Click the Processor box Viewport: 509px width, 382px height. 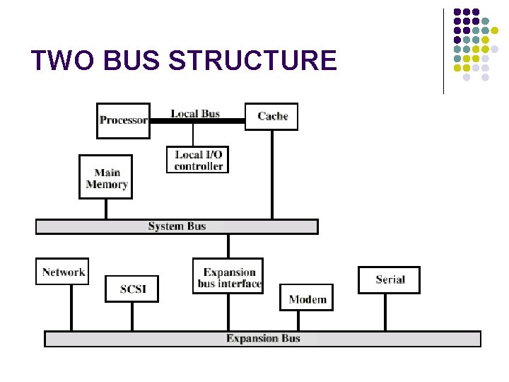coord(123,120)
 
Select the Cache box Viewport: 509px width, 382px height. coord(271,116)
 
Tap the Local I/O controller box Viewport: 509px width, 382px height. coord(198,160)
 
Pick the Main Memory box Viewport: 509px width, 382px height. coord(106,177)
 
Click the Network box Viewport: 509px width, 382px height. coord(62,272)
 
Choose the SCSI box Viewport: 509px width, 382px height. coord(132,289)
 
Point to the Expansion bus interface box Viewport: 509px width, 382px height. coord(228,276)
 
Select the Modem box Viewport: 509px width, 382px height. coord(307,298)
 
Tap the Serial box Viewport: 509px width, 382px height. coord(389,279)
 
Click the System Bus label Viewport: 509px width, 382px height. coord(177,226)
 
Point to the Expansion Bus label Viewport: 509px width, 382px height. coord(263,339)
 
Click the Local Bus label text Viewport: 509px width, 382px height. coord(194,113)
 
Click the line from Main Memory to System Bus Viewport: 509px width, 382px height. coord(106,209)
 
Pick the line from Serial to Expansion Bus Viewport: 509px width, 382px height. coord(385,312)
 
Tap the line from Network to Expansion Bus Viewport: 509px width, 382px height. coord(71,308)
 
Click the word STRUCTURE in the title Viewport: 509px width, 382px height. coord(254,61)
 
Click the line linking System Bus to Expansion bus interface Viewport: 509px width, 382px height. coord(228,245)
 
